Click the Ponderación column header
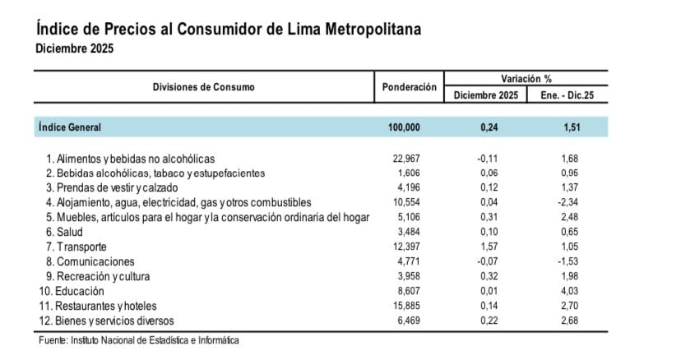(409, 86)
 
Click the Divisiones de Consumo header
(204, 86)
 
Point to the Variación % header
(526, 78)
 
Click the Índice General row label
(69, 127)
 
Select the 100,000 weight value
(403, 127)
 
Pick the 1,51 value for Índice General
(567, 127)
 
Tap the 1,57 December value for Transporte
(486, 247)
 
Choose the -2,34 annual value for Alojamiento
(567, 202)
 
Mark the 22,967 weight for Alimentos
(406, 158)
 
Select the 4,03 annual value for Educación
(567, 291)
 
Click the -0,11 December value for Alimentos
(485, 158)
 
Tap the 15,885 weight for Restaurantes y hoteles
(406, 306)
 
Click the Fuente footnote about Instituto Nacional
(138, 340)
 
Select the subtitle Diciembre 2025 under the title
(74, 48)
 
